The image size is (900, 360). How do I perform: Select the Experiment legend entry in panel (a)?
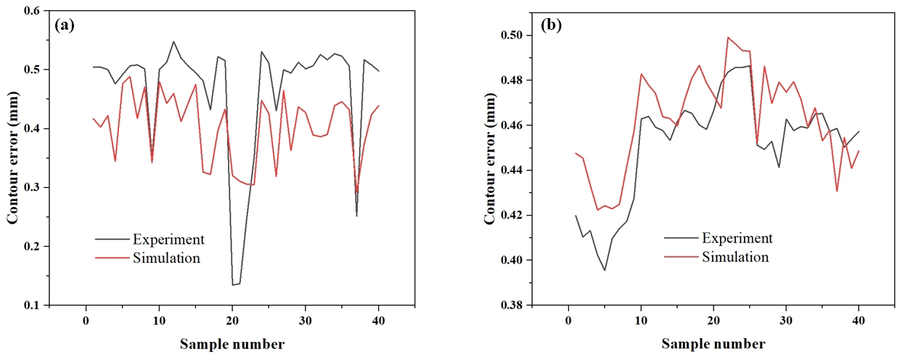(168, 240)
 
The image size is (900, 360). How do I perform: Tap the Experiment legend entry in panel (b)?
(736, 238)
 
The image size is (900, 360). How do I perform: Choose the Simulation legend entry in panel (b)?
(735, 256)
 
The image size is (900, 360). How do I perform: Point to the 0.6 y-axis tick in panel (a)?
(33, 11)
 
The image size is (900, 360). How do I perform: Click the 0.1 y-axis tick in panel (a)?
(33, 306)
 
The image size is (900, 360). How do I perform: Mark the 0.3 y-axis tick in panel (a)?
(33, 188)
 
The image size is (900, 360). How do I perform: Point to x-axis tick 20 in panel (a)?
(232, 320)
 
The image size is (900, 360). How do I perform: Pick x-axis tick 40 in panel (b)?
(859, 320)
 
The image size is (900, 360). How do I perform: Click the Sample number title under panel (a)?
(232, 343)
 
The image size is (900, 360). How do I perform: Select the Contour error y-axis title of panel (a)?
(12, 157)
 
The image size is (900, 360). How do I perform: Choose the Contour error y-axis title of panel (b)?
(491, 157)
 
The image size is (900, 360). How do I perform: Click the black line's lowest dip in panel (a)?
(234, 285)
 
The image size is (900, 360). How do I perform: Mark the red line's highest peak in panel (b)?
(728, 37)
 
